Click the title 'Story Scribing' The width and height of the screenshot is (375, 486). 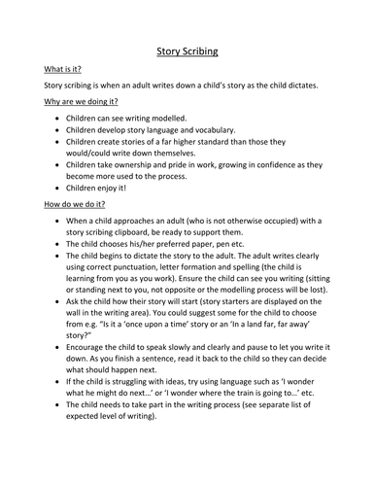click(187, 53)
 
